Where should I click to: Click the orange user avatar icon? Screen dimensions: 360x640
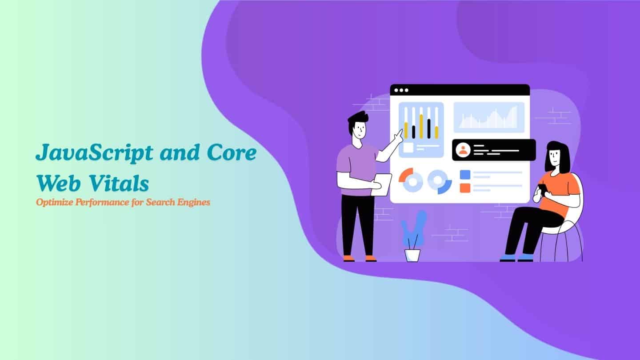click(x=464, y=150)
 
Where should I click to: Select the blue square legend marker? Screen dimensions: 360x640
click(x=465, y=174)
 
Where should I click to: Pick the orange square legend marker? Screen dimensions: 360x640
click(x=465, y=188)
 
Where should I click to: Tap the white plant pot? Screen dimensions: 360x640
click(x=412, y=255)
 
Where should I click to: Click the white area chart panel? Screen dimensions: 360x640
click(x=488, y=117)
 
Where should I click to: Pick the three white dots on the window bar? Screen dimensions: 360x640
click(x=401, y=90)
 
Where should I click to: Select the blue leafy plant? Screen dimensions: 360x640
click(x=413, y=229)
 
